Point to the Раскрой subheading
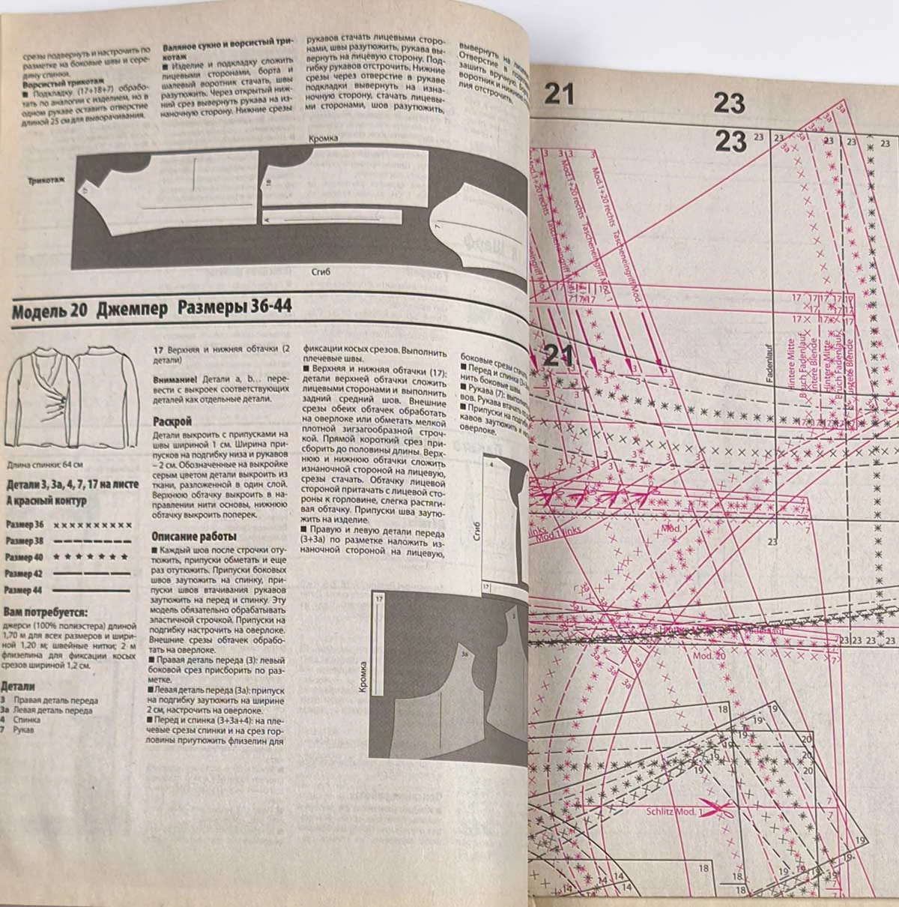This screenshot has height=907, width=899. click(x=172, y=421)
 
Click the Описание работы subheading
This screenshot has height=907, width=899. click(x=194, y=537)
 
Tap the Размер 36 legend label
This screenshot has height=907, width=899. click(x=25, y=524)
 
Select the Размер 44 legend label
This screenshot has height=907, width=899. click(x=25, y=591)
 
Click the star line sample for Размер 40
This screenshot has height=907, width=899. click(x=94, y=558)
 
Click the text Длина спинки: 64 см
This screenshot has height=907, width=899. click(x=43, y=465)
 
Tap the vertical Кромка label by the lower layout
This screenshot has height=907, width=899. click(x=362, y=679)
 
